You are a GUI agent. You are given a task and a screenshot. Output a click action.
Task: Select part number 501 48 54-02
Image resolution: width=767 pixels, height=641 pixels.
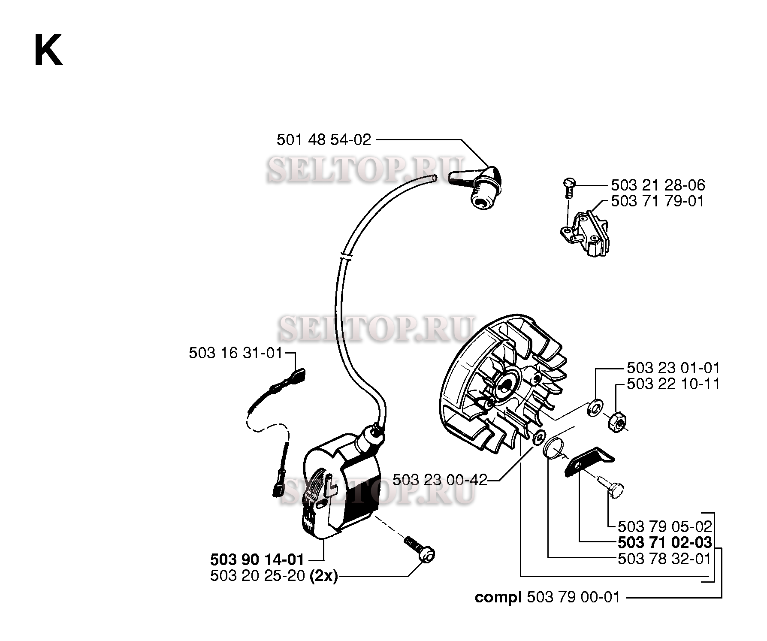coord(324,140)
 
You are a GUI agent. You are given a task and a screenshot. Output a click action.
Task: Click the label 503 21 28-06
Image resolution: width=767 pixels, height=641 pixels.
coord(658,185)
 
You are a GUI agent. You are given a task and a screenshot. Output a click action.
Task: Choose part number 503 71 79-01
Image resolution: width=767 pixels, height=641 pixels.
coord(658,201)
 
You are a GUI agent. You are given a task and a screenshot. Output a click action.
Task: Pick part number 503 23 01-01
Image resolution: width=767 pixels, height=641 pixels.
coord(673,368)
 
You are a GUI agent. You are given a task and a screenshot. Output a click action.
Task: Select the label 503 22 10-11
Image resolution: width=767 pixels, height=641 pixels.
coord(673,384)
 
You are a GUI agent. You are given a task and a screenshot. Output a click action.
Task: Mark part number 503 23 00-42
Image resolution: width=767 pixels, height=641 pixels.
coord(440,480)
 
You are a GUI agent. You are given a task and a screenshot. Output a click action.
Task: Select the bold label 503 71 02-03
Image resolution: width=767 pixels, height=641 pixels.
coord(665,543)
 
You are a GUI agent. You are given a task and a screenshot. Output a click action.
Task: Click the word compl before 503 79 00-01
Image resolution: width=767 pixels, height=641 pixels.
coord(498,598)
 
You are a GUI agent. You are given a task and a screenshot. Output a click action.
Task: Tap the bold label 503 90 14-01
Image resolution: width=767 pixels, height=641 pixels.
coord(257,559)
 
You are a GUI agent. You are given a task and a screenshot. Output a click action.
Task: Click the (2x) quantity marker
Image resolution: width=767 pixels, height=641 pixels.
coord(323,576)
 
